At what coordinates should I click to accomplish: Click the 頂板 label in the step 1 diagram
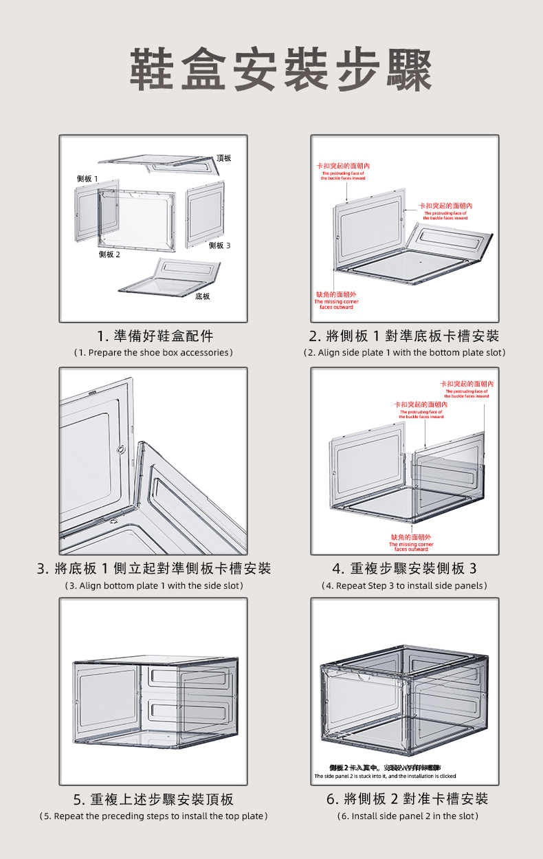(x=223, y=158)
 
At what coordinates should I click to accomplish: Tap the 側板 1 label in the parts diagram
(x=87, y=179)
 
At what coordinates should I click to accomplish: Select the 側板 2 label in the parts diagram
(x=109, y=254)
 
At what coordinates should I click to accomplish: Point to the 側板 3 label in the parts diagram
(x=219, y=246)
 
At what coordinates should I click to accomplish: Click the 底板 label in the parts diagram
(x=202, y=296)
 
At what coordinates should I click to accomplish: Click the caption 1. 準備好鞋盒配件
(x=155, y=336)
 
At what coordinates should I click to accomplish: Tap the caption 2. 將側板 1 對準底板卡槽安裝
(x=404, y=336)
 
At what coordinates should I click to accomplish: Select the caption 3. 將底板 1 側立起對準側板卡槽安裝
(x=154, y=569)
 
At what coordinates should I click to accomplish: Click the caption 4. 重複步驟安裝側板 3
(x=404, y=569)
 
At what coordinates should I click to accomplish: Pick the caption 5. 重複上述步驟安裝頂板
(x=153, y=799)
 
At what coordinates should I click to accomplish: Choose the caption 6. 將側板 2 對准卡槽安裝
(x=407, y=799)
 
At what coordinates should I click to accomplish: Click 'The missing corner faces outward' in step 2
(x=336, y=304)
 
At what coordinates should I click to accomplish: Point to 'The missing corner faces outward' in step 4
(x=411, y=546)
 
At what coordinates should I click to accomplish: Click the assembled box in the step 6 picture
(x=404, y=702)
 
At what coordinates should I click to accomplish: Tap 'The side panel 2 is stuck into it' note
(x=385, y=776)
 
